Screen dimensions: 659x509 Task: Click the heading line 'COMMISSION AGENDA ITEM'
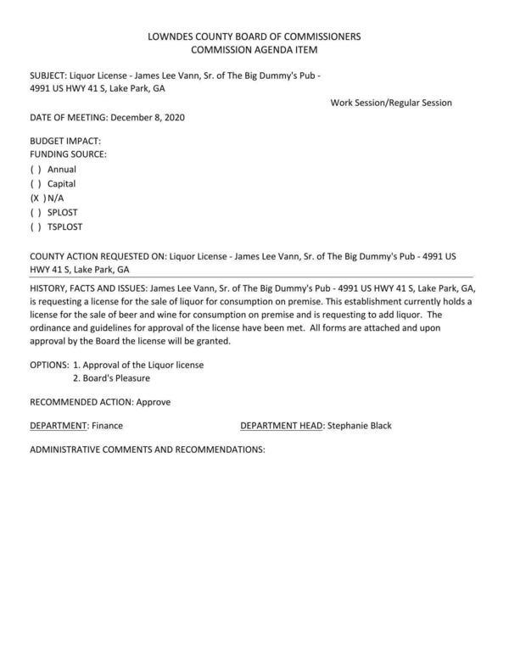254,51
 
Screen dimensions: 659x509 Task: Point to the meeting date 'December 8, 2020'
148,117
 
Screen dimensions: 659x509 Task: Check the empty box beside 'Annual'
36,170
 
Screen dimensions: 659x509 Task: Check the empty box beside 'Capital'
36,184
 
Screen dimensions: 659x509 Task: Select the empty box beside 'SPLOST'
36,213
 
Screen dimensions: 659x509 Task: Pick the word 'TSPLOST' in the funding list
65,227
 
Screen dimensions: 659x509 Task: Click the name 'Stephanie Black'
360,426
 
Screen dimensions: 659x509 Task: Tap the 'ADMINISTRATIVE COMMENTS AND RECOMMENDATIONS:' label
148,450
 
